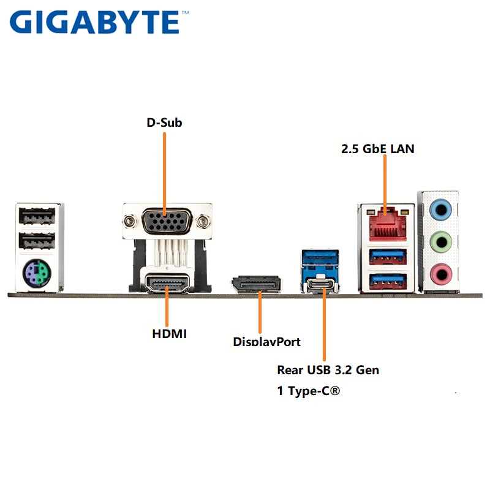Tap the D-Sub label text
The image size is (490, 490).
pyautogui.click(x=164, y=123)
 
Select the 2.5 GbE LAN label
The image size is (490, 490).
pyautogui.click(x=377, y=148)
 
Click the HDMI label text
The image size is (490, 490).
pyautogui.click(x=170, y=334)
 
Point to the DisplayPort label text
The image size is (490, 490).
pyautogui.click(x=266, y=341)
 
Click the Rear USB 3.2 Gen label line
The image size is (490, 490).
pyautogui.click(x=328, y=370)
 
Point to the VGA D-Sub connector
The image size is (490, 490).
pyautogui.click(x=165, y=221)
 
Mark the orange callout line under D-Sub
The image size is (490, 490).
pyautogui.click(x=165, y=171)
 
